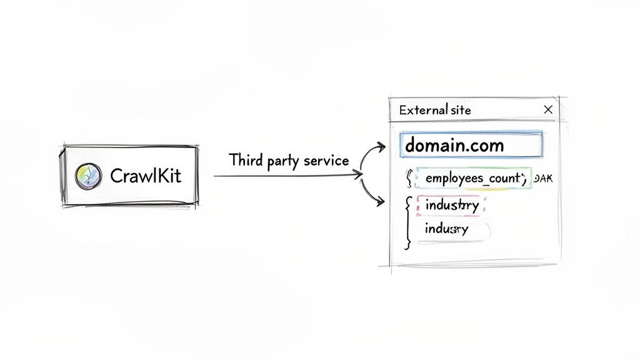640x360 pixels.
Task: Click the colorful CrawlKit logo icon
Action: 88,176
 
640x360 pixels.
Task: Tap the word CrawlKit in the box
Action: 145,176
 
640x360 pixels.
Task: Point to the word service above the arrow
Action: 326,160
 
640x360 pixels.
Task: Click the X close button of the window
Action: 548,110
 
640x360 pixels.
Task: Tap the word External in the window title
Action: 422,111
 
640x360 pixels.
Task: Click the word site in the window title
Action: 460,111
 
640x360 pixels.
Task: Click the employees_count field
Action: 472,179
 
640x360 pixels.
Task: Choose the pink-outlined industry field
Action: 451,205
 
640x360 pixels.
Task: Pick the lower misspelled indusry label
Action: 446,229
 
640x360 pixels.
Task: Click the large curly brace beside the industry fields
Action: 407,222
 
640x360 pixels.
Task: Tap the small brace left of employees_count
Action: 410,179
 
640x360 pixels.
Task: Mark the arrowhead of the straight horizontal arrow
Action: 359,176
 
